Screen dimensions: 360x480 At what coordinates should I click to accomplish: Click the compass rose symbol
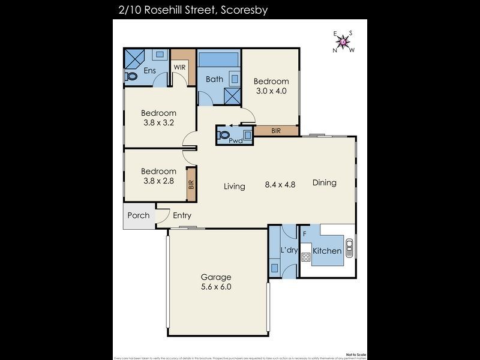(x=343, y=41)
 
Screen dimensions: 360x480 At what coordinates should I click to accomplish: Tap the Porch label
(x=138, y=215)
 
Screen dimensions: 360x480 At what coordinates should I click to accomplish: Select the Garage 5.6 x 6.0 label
(x=216, y=282)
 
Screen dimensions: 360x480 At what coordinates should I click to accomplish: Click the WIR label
(x=179, y=67)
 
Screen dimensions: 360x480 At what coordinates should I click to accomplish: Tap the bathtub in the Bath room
(x=219, y=60)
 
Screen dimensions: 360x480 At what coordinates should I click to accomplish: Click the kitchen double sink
(x=350, y=248)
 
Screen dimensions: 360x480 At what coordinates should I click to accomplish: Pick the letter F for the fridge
(x=305, y=233)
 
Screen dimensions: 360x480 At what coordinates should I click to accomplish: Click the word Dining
(x=324, y=183)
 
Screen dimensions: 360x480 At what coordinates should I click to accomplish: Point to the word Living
(x=235, y=187)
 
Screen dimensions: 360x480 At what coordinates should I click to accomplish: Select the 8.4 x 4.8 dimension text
(x=281, y=185)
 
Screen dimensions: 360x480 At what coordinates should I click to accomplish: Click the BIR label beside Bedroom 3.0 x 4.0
(x=276, y=130)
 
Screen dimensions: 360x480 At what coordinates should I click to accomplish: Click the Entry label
(x=182, y=216)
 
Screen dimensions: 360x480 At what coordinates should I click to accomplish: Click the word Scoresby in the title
(x=240, y=10)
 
